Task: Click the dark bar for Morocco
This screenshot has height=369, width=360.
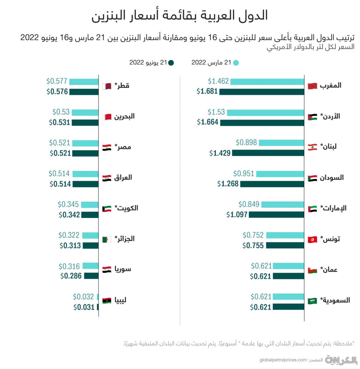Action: (262, 92)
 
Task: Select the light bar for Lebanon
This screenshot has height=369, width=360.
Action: (281, 143)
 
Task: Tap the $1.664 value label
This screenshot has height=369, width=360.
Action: (208, 122)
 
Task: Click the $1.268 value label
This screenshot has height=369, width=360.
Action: (228, 184)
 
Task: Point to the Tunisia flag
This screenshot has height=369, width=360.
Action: (312, 239)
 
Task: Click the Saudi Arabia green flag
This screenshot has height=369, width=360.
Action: (312, 301)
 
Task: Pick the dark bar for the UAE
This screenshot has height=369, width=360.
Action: (276, 215)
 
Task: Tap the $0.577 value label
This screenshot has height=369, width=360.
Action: (57, 81)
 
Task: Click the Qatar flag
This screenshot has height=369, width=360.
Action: (106, 86)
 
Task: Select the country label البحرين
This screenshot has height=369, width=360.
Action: (124, 116)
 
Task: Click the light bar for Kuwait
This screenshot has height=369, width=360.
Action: (89, 204)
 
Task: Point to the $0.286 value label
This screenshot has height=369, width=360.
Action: (71, 276)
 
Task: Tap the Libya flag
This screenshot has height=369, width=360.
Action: (106, 300)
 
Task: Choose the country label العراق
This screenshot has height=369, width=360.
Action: (123, 177)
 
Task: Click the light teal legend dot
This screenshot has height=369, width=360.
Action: (236, 63)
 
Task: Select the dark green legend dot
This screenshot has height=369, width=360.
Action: (171, 63)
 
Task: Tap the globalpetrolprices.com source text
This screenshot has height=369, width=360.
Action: (283, 360)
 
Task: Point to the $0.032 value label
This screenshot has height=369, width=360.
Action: (83, 297)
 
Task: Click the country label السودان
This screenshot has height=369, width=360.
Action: (332, 177)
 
